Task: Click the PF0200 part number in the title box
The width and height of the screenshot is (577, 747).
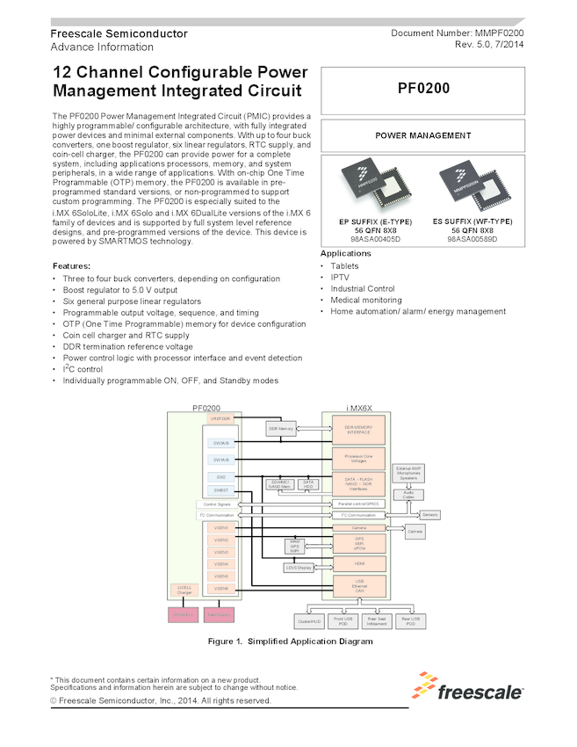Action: (x=423, y=88)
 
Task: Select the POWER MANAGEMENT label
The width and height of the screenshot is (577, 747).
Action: (x=423, y=135)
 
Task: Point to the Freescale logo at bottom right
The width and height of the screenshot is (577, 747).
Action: (x=470, y=688)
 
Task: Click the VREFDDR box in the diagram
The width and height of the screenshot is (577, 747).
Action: (x=220, y=419)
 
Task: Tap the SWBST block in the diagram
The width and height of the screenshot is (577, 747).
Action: (x=220, y=490)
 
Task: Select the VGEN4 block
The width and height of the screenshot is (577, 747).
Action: (x=220, y=564)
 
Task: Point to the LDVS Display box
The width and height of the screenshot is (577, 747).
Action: (x=299, y=568)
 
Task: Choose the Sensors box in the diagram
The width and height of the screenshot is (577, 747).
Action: (x=429, y=514)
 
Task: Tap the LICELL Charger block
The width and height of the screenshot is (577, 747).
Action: (x=185, y=590)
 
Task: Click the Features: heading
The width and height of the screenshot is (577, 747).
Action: (x=71, y=265)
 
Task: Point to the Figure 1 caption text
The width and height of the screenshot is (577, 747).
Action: (x=290, y=642)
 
